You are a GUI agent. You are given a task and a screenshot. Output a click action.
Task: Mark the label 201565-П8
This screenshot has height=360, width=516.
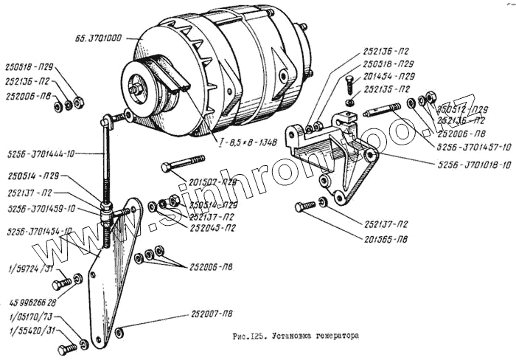coord(386,240)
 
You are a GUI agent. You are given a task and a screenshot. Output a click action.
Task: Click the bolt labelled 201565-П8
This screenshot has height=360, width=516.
coord(304,207)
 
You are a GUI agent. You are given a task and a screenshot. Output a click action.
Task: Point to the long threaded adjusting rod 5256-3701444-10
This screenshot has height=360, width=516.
coord(108,166)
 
